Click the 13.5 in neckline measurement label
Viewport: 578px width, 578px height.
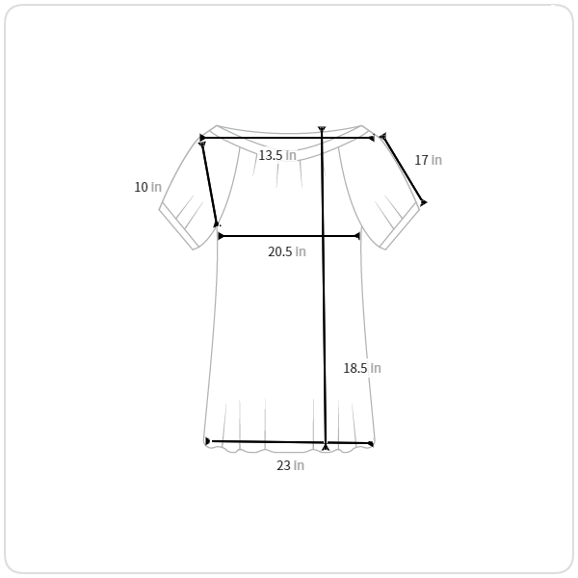[x=277, y=155]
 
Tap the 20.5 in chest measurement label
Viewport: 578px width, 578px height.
[x=287, y=251]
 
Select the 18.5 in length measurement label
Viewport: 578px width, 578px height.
[x=362, y=368]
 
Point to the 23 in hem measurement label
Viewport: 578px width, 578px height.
[x=291, y=465]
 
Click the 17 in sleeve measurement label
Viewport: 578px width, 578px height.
[x=428, y=160]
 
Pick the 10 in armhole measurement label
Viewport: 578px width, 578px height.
[x=147, y=187]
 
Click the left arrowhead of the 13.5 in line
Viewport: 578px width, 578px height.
[x=202, y=138]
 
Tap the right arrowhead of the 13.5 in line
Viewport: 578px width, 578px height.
[x=372, y=138]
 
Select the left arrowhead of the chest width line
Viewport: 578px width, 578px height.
[x=221, y=236]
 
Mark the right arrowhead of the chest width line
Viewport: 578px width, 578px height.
[x=356, y=236]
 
